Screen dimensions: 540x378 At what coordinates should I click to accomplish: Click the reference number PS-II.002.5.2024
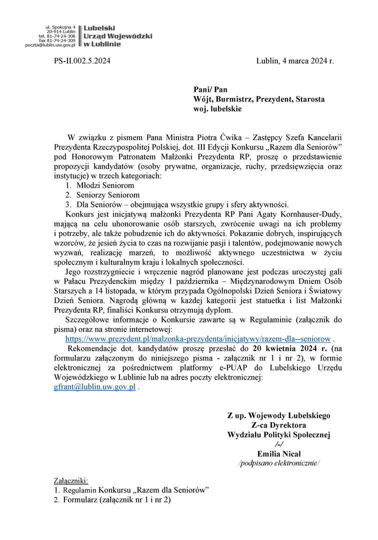pos(82,61)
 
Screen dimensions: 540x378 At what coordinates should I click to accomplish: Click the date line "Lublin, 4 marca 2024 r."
pos(294,61)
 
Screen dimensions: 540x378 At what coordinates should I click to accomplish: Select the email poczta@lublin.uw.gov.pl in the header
pos(50,45)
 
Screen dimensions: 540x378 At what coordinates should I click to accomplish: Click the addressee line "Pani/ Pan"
pos(210,89)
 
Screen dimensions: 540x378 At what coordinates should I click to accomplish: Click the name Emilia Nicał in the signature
pos(279,454)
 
